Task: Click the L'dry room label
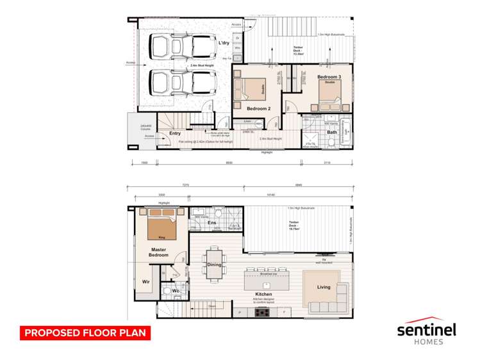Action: (224, 43)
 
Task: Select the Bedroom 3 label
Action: (329, 77)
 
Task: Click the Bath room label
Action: (331, 133)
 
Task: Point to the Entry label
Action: (175, 134)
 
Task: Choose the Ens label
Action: (211, 223)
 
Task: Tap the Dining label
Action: (214, 265)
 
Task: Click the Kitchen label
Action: (263, 294)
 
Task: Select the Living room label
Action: (324, 287)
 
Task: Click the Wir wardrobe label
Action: (146, 281)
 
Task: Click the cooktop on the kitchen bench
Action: (263, 312)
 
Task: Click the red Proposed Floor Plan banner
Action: (85, 333)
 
